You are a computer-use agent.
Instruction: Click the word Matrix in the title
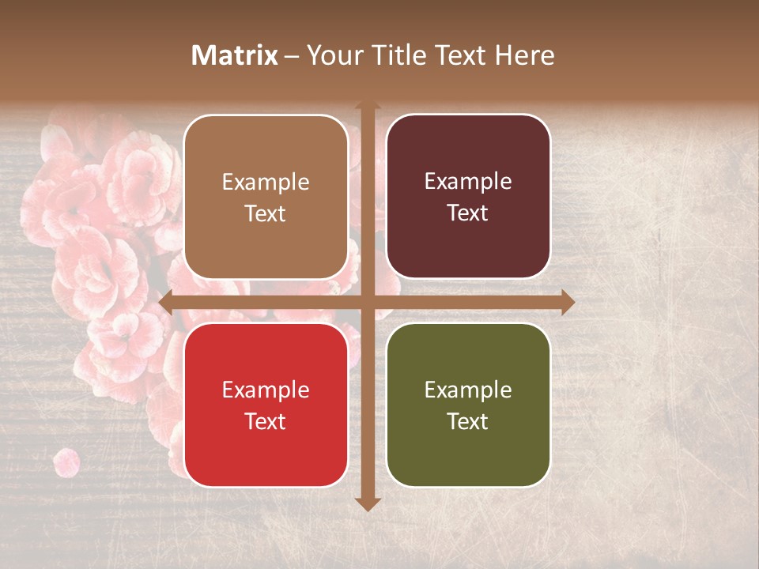point(235,55)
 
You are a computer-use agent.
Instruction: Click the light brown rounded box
point(266,197)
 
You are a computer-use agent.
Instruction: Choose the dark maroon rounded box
point(468,197)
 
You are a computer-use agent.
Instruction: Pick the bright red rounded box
point(266,405)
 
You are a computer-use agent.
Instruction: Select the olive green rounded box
point(468,405)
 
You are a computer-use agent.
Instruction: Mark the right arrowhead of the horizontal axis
point(567,302)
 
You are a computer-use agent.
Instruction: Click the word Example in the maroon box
point(468,182)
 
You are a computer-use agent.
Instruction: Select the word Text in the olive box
point(468,421)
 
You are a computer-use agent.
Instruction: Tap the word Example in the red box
point(266,390)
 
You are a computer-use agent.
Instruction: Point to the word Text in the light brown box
point(266,213)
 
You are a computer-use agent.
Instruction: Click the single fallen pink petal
point(66,462)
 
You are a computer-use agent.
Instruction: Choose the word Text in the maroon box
point(468,213)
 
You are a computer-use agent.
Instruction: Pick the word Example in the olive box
point(468,390)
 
